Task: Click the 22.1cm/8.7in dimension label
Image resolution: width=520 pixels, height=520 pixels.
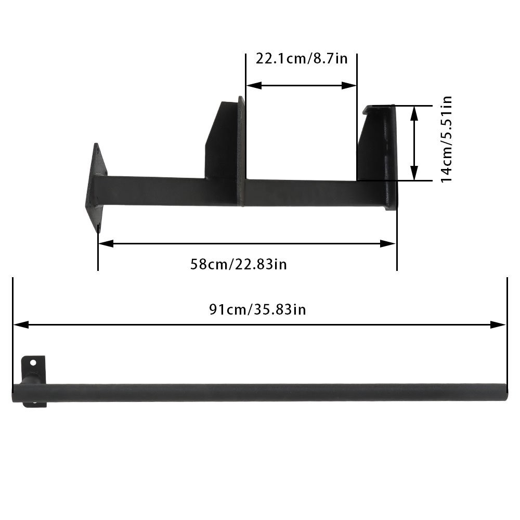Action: tap(301, 58)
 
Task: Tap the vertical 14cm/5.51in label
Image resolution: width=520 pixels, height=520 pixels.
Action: tap(446, 139)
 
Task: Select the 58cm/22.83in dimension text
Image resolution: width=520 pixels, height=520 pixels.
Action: tap(239, 264)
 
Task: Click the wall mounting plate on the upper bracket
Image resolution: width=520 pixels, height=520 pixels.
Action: tap(97, 187)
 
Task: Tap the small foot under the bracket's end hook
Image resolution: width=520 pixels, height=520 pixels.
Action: tap(390, 207)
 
